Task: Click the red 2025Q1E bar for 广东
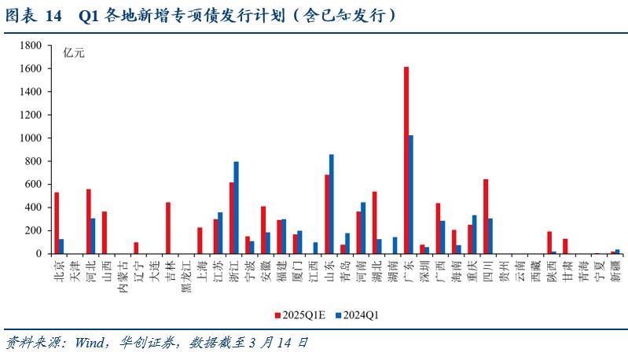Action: point(406,160)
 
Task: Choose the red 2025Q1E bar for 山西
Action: point(105,233)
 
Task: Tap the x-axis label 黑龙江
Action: point(185,274)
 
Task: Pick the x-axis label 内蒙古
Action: point(121,274)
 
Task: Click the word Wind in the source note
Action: point(92,343)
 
